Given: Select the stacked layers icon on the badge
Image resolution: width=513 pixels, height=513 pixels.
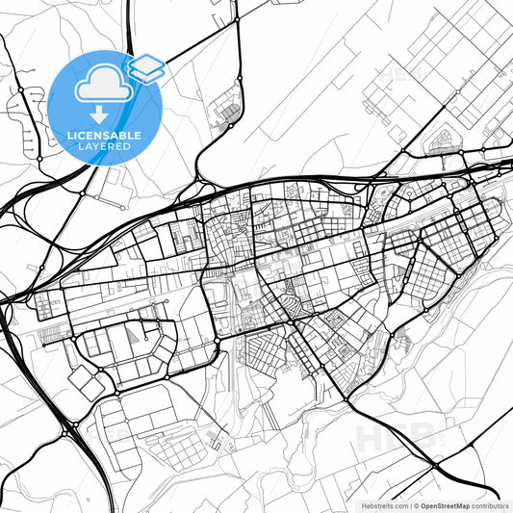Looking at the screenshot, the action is tap(145, 67).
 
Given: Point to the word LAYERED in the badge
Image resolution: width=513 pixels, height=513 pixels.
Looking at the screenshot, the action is tap(105, 146).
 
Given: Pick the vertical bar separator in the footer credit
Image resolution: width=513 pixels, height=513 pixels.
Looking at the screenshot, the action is tap(410, 505).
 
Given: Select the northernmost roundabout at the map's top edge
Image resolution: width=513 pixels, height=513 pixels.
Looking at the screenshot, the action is tap(237, 19).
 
